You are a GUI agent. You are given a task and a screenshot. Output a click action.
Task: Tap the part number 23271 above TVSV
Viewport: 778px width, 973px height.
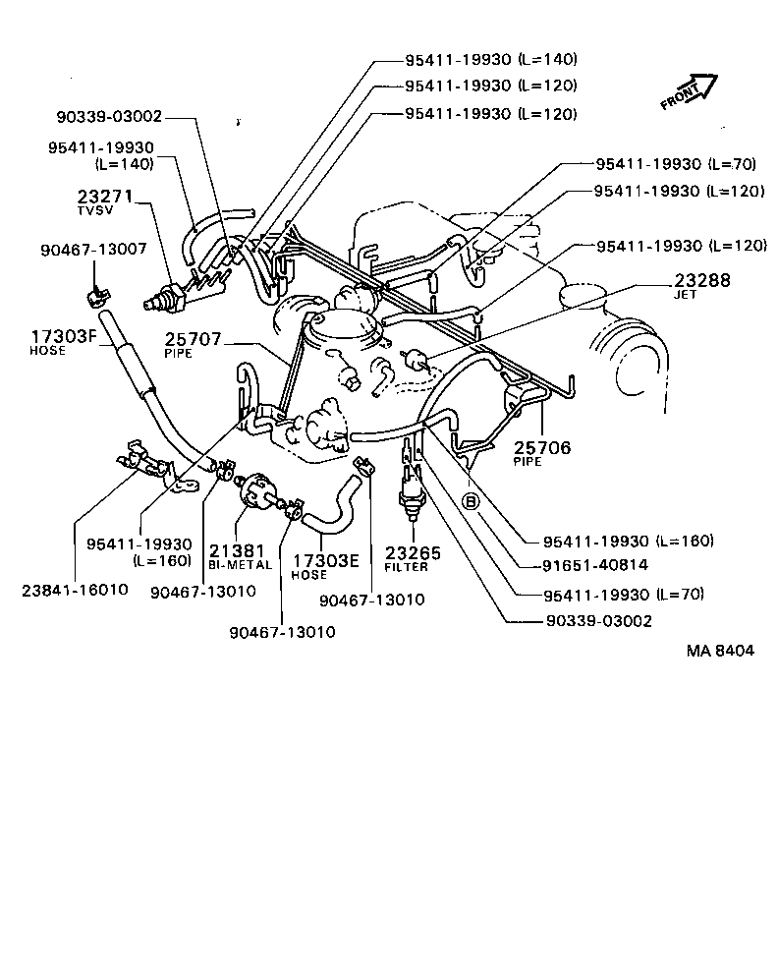coord(105,197)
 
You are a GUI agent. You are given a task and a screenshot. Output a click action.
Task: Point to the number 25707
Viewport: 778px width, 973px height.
coord(194,339)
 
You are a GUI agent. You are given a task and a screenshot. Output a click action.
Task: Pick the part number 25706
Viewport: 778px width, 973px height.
coord(540,446)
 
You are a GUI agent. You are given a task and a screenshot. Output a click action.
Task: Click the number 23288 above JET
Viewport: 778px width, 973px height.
coord(702,280)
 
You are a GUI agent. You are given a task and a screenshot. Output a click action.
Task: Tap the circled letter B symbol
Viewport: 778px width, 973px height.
coord(471,502)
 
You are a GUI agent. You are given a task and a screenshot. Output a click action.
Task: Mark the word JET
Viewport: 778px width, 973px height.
coord(686,294)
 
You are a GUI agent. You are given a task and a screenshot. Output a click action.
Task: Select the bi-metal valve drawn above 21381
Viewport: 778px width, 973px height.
coord(258,489)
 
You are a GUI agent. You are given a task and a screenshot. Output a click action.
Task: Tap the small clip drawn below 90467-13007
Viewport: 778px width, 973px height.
coord(95,293)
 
